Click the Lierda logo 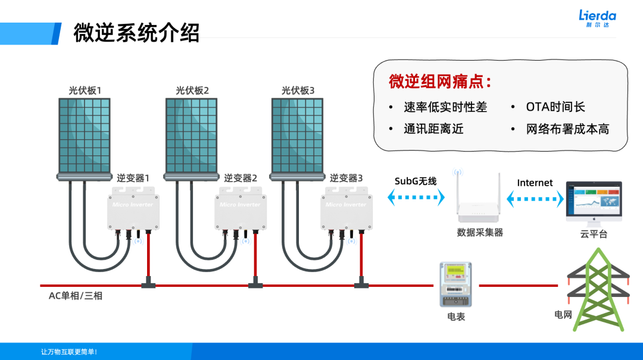click(x=597, y=18)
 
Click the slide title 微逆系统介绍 click(x=136, y=33)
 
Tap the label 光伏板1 click(x=85, y=90)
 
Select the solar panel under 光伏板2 click(x=192, y=135)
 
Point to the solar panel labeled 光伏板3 click(x=298, y=135)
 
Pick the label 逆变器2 click(x=241, y=178)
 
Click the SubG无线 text click(x=416, y=181)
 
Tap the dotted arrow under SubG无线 click(x=416, y=198)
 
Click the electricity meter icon click(x=455, y=284)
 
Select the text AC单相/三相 click(x=76, y=296)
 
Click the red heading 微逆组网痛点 click(x=440, y=82)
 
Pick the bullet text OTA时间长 click(x=555, y=107)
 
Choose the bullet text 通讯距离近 click(x=433, y=129)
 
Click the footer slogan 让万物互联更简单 click(x=68, y=352)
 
